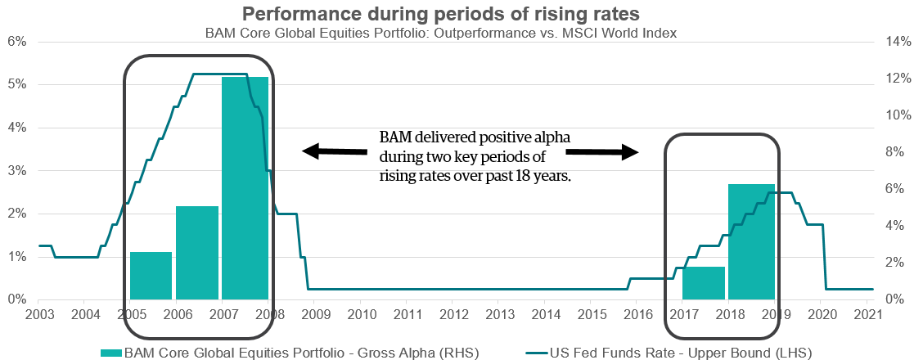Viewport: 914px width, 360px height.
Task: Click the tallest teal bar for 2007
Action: [x=245, y=188]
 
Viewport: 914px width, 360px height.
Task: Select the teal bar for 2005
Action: [x=151, y=276]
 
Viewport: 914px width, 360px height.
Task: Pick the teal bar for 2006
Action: [x=197, y=253]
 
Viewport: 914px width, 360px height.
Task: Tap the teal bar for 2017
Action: [x=704, y=283]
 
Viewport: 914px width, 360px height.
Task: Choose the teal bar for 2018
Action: [x=751, y=242]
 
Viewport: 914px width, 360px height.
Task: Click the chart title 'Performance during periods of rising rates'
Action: [x=457, y=14]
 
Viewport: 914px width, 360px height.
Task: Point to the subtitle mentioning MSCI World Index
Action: [x=457, y=33]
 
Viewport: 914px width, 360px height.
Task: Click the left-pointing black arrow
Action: [x=334, y=151]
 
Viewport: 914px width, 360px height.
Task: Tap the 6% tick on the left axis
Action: [x=17, y=42]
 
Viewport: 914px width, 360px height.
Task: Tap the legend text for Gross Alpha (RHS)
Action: [x=300, y=353]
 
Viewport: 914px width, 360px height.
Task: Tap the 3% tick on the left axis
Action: [x=17, y=171]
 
